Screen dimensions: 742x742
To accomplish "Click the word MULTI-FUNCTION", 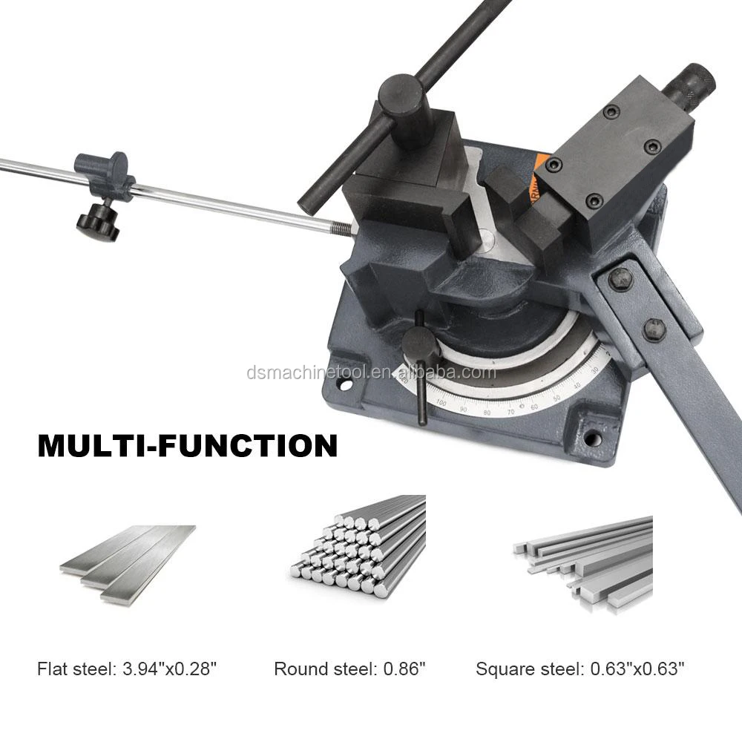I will pos(187,446).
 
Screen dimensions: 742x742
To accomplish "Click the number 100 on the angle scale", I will pos(442,403).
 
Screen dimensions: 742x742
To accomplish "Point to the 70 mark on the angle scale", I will pos(510,411).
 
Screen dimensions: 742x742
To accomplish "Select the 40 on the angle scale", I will pos(577,386).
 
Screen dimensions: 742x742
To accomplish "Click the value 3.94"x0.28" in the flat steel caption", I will pos(168,669).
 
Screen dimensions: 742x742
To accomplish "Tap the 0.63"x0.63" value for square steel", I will pos(637,669).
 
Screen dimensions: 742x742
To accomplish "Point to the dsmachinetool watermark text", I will pos(371,372).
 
